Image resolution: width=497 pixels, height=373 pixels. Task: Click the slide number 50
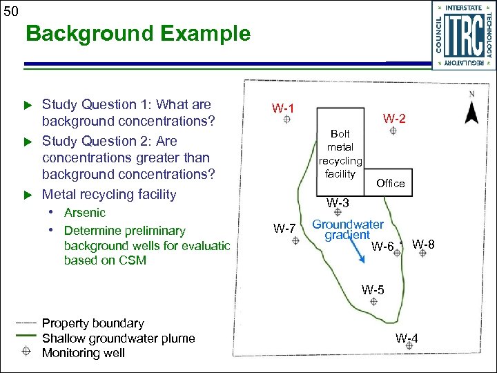coord(10,10)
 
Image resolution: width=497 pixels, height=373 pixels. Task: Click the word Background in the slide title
coord(85,34)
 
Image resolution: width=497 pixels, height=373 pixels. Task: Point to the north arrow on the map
coord(471,111)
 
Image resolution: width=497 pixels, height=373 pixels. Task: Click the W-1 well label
coord(283,108)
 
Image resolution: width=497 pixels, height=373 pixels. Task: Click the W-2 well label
coord(395,119)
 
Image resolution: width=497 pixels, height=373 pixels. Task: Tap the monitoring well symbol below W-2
coord(392,131)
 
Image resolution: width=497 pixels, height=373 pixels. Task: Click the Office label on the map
coord(390,183)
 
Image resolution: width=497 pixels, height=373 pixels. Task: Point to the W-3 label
coord(338,203)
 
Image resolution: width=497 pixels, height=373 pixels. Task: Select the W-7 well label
coord(284,229)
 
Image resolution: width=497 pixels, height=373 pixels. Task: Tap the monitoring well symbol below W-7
coord(295,240)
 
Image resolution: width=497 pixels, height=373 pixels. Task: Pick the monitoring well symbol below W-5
coord(373,302)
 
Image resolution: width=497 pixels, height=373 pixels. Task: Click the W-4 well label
coord(407,338)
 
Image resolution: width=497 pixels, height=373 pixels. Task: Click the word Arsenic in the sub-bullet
coord(84,213)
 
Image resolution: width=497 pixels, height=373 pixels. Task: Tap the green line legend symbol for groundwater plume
coord(26,334)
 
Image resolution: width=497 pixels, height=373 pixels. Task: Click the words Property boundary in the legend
coord(93,323)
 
